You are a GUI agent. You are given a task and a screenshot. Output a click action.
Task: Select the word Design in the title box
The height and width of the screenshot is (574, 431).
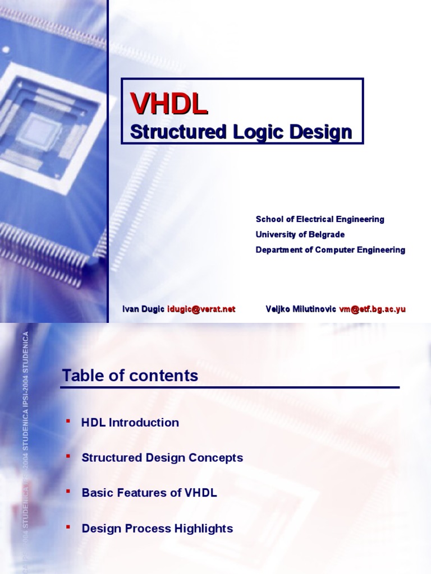pyautogui.click(x=320, y=132)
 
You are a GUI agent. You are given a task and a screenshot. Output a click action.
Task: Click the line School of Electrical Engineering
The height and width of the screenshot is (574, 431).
pyautogui.click(x=320, y=219)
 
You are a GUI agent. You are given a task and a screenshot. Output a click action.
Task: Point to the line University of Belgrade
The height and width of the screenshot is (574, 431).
pyautogui.click(x=300, y=234)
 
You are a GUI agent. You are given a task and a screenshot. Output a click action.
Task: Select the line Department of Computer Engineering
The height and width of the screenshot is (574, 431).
pyautogui.click(x=330, y=250)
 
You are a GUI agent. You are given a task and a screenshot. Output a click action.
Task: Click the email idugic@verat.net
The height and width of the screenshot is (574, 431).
pyautogui.click(x=201, y=309)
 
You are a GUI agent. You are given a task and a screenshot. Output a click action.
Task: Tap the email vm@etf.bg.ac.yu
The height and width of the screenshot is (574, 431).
pyautogui.click(x=372, y=309)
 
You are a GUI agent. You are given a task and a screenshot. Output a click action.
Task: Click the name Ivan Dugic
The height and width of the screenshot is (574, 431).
pyautogui.click(x=144, y=309)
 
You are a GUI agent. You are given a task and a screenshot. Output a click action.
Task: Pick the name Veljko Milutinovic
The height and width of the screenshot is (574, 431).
pyautogui.click(x=301, y=309)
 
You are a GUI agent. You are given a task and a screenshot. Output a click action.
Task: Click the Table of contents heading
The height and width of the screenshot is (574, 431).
pyautogui.click(x=130, y=376)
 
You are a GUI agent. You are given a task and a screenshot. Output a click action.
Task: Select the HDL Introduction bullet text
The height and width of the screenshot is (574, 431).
pyautogui.click(x=130, y=423)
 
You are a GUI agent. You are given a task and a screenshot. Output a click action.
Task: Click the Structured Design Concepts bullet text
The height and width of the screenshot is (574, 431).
pyautogui.click(x=162, y=457)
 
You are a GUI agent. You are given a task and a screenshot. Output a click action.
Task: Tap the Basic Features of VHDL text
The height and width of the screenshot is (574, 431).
pyautogui.click(x=149, y=493)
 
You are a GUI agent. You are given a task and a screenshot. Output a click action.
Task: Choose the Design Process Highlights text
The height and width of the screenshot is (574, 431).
pyautogui.click(x=157, y=528)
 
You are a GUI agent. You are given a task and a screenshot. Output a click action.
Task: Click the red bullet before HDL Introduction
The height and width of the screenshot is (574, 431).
pyautogui.click(x=68, y=420)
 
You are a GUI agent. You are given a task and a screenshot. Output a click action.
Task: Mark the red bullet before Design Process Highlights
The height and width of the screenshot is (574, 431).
pyautogui.click(x=68, y=525)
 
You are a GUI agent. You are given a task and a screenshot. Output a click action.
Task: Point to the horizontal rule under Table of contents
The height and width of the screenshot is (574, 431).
pyautogui.click(x=230, y=387)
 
